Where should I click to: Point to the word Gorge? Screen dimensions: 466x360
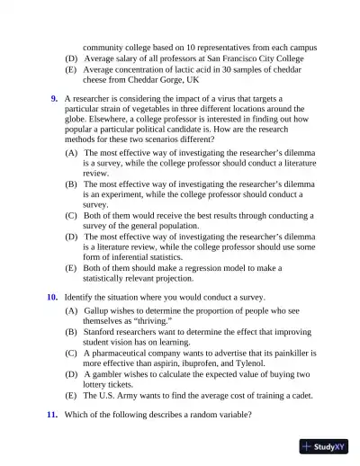tap(166, 79)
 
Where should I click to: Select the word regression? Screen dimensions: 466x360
tap(221, 268)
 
